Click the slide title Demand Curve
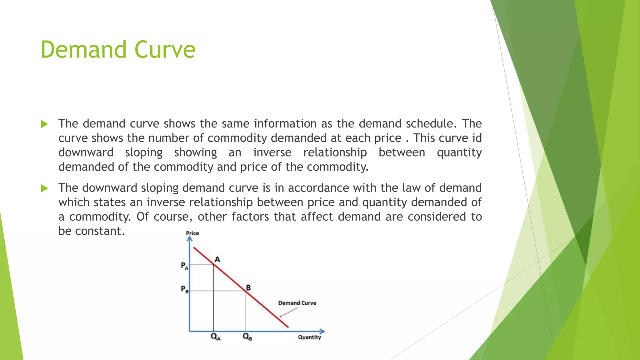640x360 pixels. pyautogui.click(x=118, y=50)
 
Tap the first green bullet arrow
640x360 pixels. pyautogui.click(x=44, y=124)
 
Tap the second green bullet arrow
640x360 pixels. pyautogui.click(x=44, y=188)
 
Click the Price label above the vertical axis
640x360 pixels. pyautogui.click(x=192, y=233)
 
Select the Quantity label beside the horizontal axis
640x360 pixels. pyautogui.click(x=309, y=337)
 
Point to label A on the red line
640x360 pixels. pyautogui.click(x=217, y=259)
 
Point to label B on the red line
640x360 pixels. pyautogui.click(x=248, y=287)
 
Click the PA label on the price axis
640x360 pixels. pyautogui.click(x=184, y=266)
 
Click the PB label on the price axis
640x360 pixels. pyautogui.click(x=185, y=289)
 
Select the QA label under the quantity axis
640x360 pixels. pyautogui.click(x=216, y=337)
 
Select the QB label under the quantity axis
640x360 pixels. pyautogui.click(x=247, y=337)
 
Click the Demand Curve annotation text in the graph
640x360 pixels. pyautogui.click(x=297, y=303)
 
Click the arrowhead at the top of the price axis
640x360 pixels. pyautogui.click(x=189, y=239)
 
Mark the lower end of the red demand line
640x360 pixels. pyautogui.click(x=287, y=327)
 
